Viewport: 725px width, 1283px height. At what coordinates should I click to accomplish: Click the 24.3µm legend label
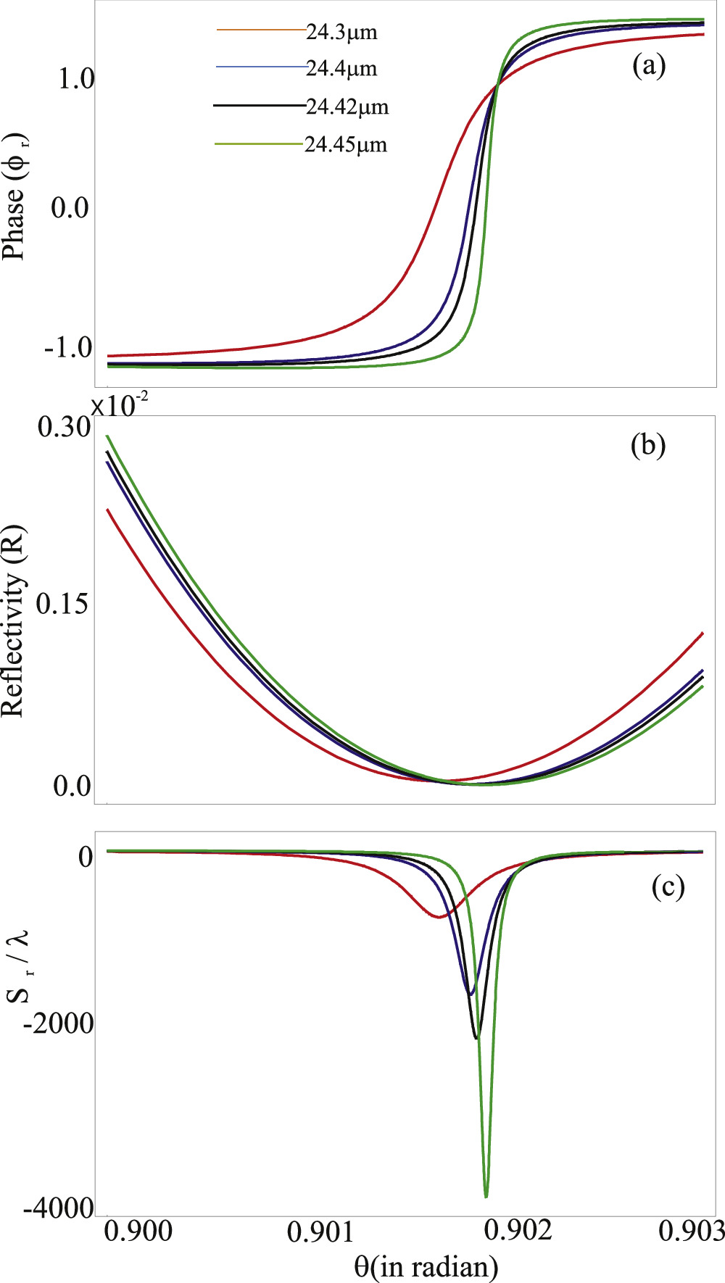click(341, 32)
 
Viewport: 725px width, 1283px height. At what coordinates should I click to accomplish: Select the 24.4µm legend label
click(341, 69)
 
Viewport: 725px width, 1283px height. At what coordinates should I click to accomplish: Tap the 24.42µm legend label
click(347, 107)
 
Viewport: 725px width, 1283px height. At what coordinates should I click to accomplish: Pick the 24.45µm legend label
click(346, 145)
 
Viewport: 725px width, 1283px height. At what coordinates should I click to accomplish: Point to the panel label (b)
click(648, 445)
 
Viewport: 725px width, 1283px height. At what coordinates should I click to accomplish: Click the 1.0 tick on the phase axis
click(76, 80)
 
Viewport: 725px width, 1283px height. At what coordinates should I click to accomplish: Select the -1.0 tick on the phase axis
click(68, 348)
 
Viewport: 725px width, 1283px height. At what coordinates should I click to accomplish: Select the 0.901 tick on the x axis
click(320, 1232)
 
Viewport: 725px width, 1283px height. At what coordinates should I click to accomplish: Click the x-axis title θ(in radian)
click(426, 1266)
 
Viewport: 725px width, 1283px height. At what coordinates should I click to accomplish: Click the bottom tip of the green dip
click(486, 1196)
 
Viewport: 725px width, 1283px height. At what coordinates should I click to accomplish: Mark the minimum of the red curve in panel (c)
click(438, 917)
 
